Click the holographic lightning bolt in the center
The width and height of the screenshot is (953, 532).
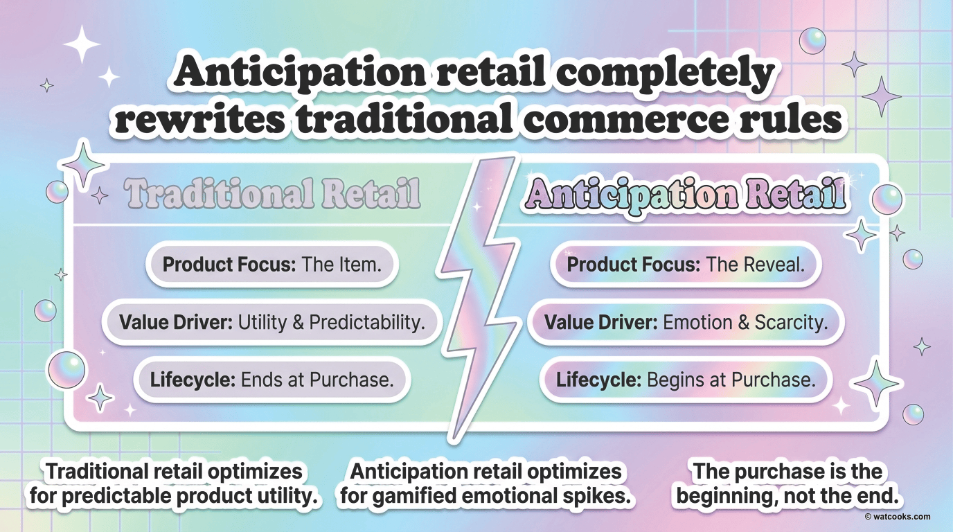coord(479,298)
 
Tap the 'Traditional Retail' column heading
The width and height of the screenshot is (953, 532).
coord(273,194)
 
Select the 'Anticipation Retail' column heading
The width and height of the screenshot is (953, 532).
coord(686,195)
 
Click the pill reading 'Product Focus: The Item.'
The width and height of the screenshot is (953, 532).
coord(272,265)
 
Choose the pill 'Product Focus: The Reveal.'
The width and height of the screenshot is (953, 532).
coord(686,265)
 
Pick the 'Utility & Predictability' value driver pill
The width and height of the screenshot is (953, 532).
coord(272,322)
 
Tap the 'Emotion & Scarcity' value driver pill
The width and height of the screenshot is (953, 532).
coord(686,322)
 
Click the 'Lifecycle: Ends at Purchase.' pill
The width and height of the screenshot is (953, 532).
coord(272,380)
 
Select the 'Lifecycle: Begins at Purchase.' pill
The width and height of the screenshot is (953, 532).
coord(686,380)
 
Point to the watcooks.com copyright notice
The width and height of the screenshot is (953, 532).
coord(898,517)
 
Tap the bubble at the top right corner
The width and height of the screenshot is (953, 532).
coord(812,41)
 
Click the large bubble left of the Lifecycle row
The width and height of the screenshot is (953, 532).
coord(66,369)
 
